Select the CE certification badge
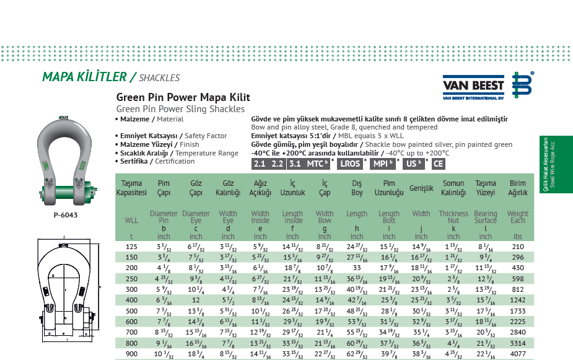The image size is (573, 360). tap(438, 164)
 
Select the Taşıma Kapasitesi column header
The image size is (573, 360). tap(131, 188)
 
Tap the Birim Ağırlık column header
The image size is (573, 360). tap(517, 188)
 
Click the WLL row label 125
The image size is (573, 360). tap(131, 247)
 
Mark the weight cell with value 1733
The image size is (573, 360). tap(517, 312)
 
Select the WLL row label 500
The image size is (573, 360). tap(131, 312)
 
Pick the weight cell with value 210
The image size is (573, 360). tap(517, 247)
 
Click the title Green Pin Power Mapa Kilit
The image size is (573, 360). tap(183, 97)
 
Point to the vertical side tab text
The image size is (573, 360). tap(547, 165)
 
